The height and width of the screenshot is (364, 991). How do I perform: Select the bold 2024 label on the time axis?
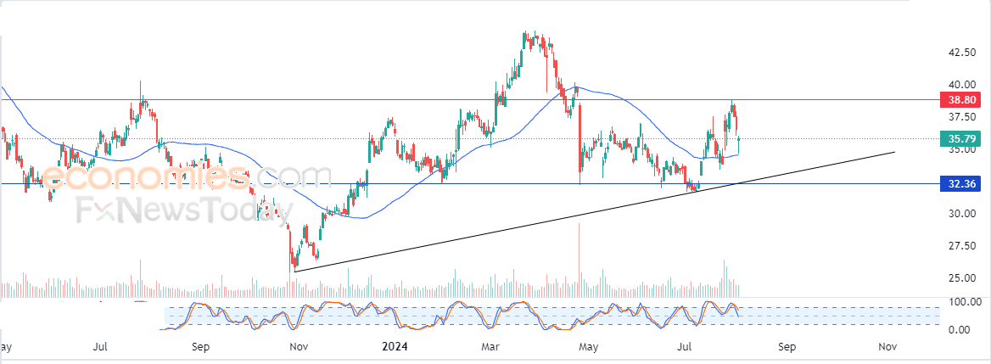coord(396,346)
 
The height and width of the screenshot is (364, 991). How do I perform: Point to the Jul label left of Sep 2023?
coord(100,346)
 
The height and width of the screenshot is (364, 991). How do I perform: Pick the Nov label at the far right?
coord(887,346)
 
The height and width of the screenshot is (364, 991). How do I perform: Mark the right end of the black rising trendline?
coord(895,152)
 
